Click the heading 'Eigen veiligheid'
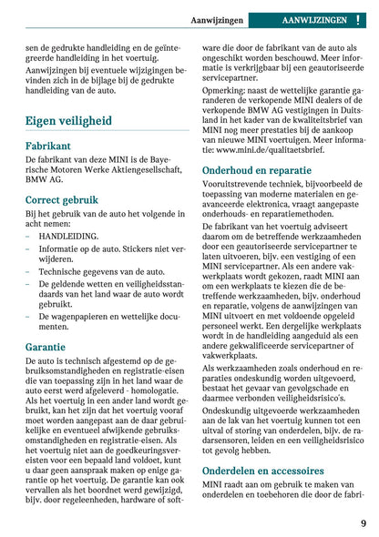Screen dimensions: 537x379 point(68,120)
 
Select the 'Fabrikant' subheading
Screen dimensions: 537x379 point(47,146)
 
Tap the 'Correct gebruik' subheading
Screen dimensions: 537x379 point(62,199)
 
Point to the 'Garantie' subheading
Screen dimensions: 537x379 point(46,347)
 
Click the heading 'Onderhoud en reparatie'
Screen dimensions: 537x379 point(256,170)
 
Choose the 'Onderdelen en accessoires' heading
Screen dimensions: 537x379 point(262,471)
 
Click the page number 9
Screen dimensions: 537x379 point(363,523)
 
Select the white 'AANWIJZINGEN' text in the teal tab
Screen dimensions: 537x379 point(314,19)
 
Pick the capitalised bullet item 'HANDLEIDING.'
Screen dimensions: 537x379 point(68,235)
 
